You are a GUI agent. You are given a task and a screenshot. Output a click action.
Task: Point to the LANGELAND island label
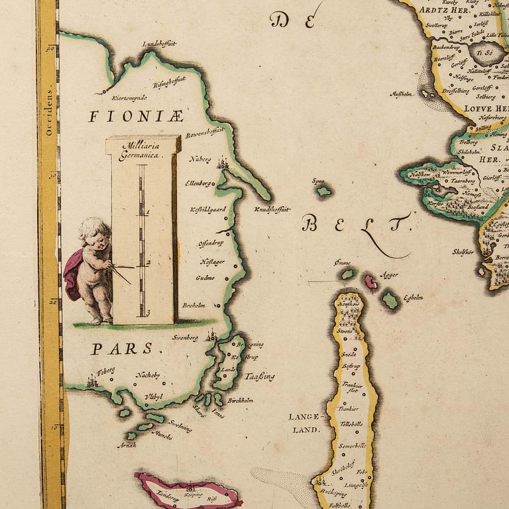click(x=304, y=423)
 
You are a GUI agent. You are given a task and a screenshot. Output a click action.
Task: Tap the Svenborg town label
click(x=186, y=337)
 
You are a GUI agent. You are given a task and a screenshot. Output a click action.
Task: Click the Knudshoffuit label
click(x=272, y=209)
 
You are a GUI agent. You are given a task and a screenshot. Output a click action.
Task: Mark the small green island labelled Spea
click(x=323, y=191)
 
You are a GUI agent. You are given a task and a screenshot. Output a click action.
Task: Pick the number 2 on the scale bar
click(x=148, y=263)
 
